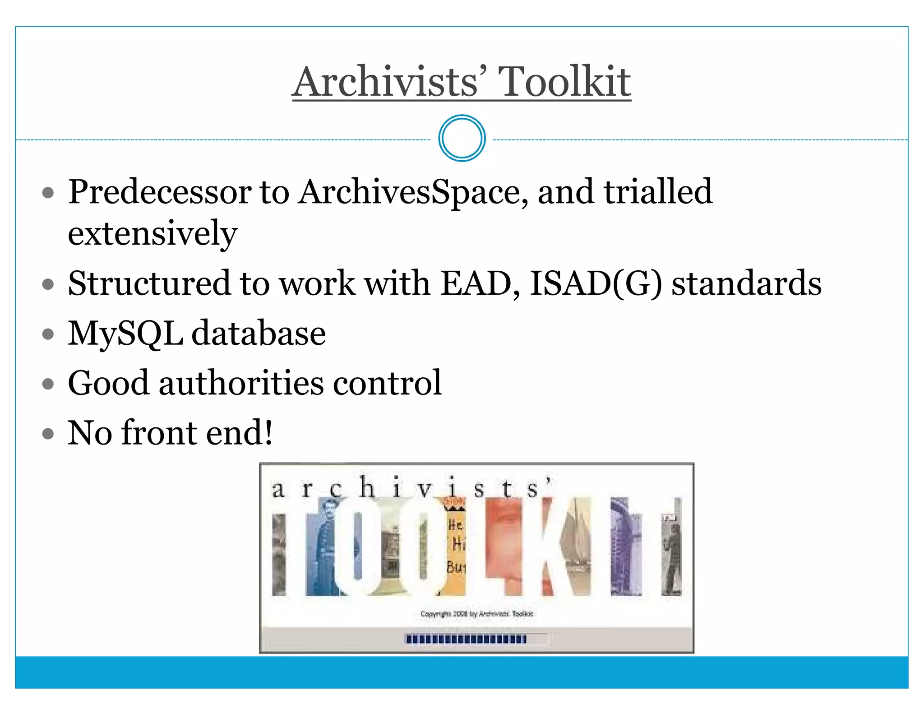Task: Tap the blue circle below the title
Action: click(x=462, y=138)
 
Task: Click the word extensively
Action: click(x=152, y=233)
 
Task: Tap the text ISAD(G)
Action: click(x=596, y=283)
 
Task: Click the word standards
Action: click(x=746, y=283)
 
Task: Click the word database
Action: click(x=259, y=333)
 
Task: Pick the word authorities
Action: click(x=241, y=383)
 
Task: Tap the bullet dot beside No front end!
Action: click(x=48, y=434)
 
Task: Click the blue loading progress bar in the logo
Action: click(x=466, y=639)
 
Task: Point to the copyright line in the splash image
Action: click(x=476, y=614)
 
